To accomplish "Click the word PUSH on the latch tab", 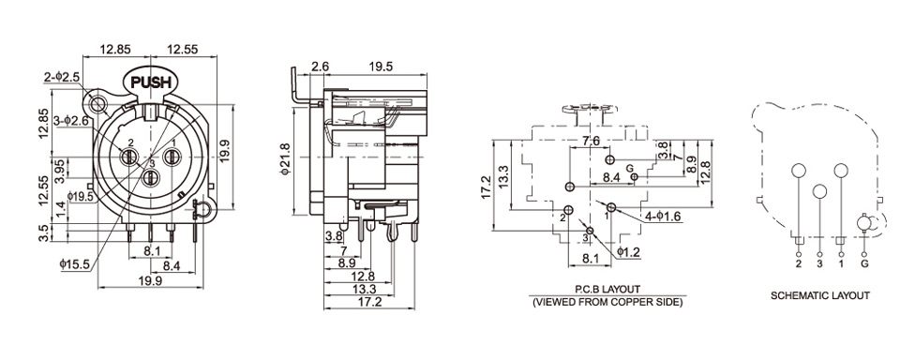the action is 151,82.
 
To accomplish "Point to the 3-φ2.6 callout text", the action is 70,121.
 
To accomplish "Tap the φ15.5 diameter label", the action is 75,264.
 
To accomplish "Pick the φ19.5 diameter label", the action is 80,197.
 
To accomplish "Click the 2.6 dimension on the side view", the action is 320,67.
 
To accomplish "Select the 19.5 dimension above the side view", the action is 382,67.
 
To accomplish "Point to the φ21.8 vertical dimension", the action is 285,161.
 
